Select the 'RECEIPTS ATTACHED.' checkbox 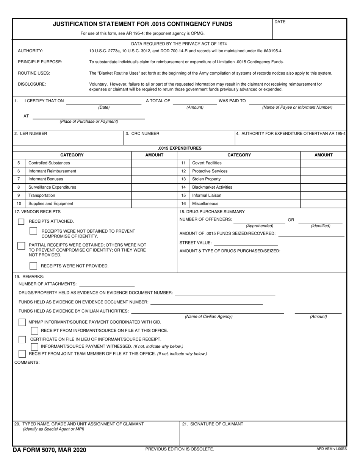click(x=21, y=221)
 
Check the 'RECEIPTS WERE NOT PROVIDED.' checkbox click(x=33, y=266)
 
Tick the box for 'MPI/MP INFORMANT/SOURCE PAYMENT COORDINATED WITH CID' click(x=22, y=322)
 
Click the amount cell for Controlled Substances click(x=154, y=163)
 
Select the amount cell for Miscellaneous click(x=323, y=203)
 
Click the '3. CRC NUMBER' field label click(x=142, y=133)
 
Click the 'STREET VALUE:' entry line click(x=246, y=242)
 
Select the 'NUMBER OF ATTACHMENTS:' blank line click(x=106, y=284)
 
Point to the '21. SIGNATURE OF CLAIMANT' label click(x=213, y=424)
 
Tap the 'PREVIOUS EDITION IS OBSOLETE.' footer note click(x=180, y=449)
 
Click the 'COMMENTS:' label click(x=27, y=362)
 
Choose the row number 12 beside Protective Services click(x=183, y=171)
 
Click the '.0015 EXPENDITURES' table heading click(x=180, y=148)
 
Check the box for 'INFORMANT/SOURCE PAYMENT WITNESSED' click(x=34, y=346)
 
